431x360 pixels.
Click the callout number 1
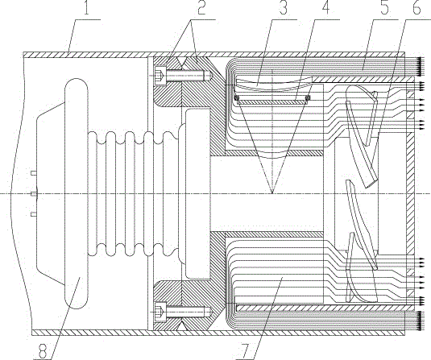point(86,8)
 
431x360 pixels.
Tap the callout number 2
point(201,8)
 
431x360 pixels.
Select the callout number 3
point(283,8)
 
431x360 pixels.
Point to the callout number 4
point(325,8)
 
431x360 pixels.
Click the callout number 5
point(384,8)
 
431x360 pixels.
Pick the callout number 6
point(416,8)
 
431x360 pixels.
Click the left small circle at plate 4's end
point(237,97)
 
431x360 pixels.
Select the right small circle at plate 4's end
point(308,97)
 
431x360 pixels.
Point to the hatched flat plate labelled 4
point(272,101)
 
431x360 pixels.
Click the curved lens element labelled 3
point(273,84)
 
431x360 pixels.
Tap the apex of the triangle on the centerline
point(271,194)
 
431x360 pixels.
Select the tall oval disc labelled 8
point(77,194)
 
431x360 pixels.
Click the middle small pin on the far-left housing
point(35,194)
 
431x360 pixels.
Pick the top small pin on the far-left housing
point(34,173)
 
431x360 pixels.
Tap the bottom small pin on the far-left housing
point(34,214)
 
